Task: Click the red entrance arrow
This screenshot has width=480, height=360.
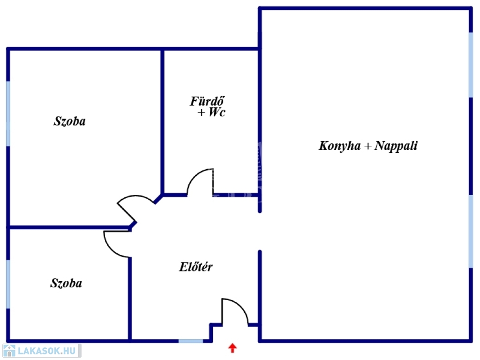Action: (x=232, y=348)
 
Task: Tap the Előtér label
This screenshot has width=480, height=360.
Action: (x=196, y=267)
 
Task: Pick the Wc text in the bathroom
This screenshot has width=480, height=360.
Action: (x=217, y=113)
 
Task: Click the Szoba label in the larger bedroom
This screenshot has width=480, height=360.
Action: (x=70, y=121)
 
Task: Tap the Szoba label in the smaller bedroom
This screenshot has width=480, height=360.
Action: (x=66, y=283)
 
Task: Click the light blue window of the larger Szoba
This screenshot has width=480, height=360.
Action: (x=8, y=113)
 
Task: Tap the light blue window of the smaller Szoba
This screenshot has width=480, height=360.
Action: (x=8, y=284)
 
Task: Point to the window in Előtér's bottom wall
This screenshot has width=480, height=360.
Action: (x=191, y=341)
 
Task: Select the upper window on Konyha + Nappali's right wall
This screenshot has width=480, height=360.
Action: (x=471, y=65)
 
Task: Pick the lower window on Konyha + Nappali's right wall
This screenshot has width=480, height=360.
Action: (x=471, y=231)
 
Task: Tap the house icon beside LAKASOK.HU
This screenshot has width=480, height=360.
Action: (x=9, y=351)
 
